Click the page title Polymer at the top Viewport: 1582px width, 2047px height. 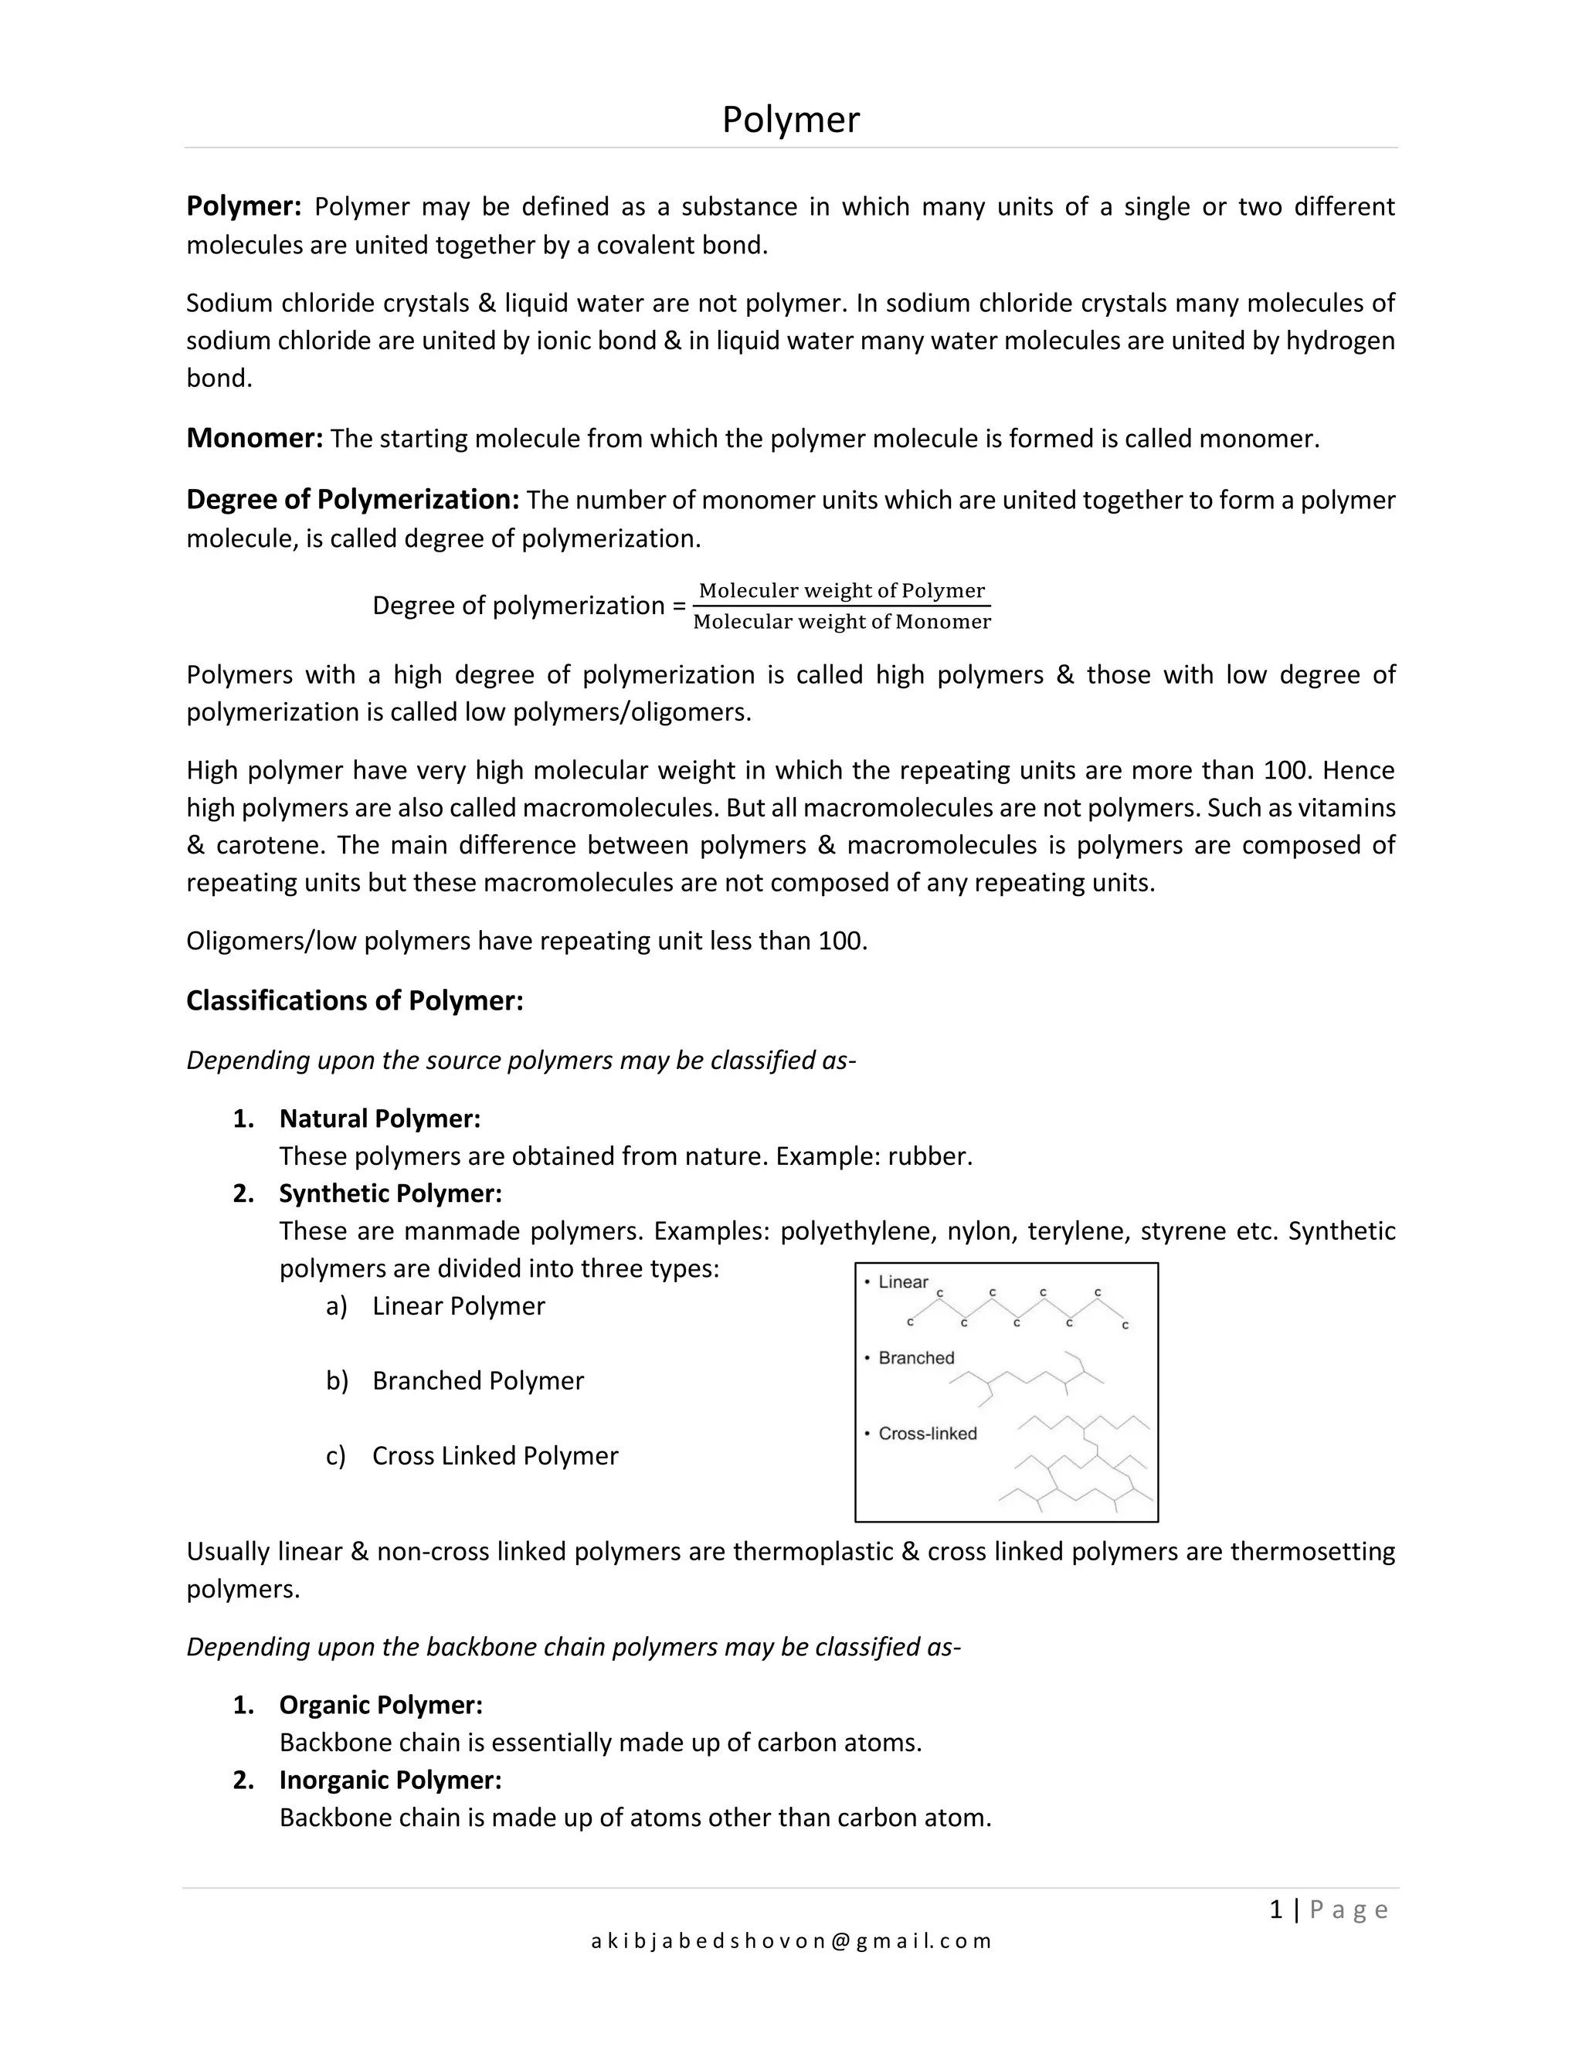[790, 120]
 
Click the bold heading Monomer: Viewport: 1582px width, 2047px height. [255, 438]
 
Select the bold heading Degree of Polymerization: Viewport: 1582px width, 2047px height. [352, 500]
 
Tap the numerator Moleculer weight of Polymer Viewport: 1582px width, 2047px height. [842, 590]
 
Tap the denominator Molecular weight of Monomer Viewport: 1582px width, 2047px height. [842, 621]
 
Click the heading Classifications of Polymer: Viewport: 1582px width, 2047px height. [355, 1000]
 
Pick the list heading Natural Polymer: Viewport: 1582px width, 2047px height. [379, 1119]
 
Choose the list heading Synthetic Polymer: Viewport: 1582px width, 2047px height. [390, 1193]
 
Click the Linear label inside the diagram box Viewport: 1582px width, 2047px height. [902, 1282]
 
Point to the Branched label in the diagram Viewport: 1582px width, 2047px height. [915, 1358]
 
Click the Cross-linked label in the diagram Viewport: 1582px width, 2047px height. [927, 1433]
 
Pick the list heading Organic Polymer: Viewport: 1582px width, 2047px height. [381, 1705]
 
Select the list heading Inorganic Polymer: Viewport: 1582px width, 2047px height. [390, 1780]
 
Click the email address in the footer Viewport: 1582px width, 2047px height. [790, 1941]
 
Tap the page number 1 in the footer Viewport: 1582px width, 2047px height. [1275, 1910]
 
